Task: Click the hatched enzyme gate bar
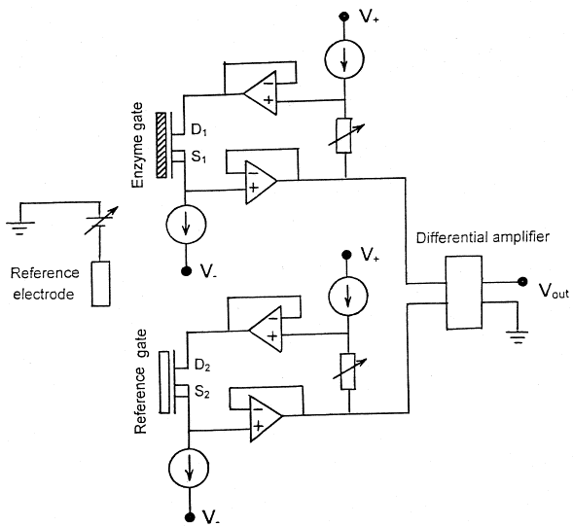[161, 145]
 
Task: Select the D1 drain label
[198, 129]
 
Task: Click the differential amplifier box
[464, 293]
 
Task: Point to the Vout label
[554, 291]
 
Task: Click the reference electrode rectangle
[100, 283]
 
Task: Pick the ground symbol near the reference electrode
[20, 228]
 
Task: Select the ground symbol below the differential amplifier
[518, 337]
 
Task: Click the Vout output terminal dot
[522, 282]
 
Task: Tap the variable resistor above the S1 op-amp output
[345, 135]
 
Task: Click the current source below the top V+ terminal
[344, 59]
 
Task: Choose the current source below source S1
[186, 225]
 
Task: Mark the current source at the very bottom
[189, 469]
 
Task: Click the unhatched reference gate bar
[164, 382]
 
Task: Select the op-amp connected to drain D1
[260, 93]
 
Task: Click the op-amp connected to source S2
[266, 419]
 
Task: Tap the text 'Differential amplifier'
[483, 238]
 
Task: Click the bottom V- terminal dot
[190, 516]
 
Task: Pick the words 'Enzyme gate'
[138, 145]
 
